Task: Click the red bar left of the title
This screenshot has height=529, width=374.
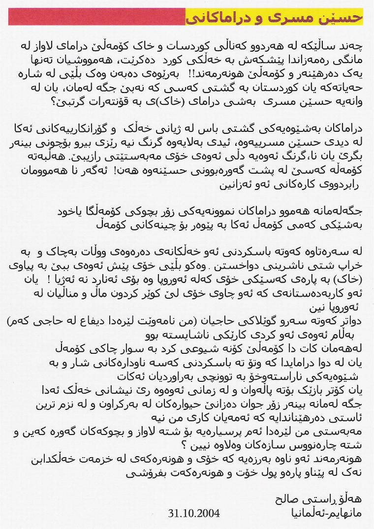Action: [x=96, y=17]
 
